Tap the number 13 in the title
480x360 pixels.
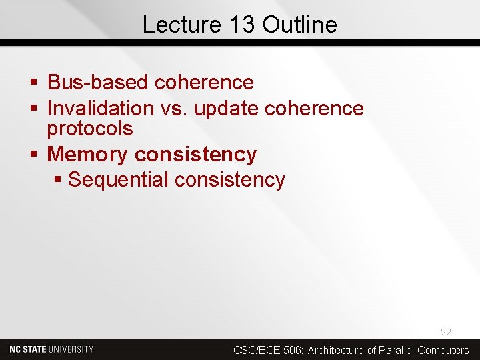240,25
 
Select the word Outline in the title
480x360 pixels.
300,25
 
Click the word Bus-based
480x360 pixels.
99,83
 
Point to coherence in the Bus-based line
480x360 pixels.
204,83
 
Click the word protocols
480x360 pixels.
90,128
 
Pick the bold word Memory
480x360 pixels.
87,154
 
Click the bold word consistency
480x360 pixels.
195,154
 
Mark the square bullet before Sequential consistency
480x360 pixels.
59,180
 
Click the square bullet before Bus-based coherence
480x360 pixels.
35,83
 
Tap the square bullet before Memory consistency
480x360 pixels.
35,155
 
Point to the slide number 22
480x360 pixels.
445,332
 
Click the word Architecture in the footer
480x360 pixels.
337,350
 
